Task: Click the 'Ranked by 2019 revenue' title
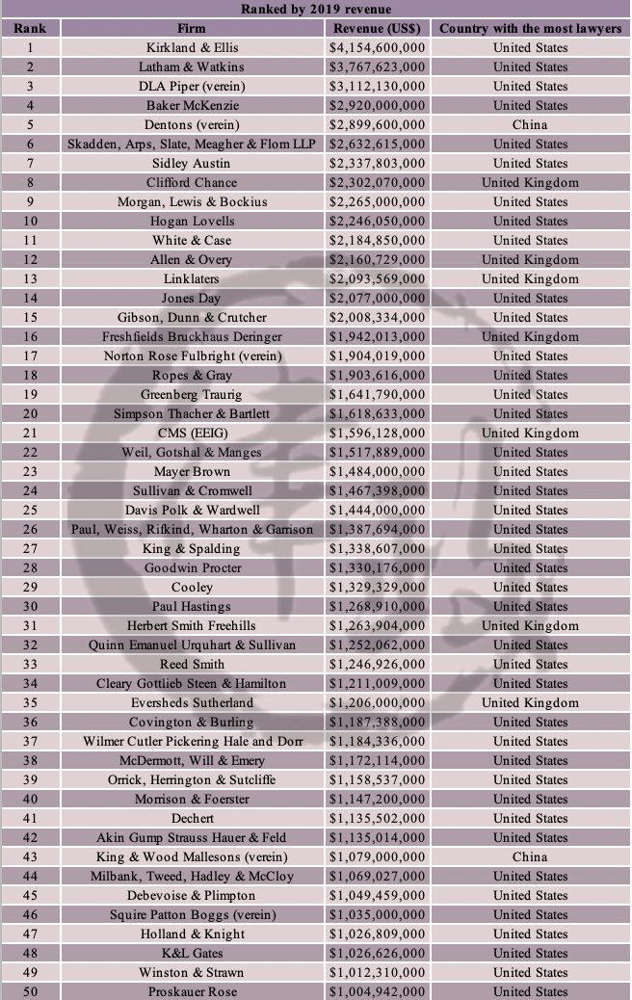pos(315,10)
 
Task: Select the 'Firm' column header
pos(192,28)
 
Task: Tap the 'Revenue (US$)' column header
pos(377,28)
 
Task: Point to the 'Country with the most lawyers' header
pos(530,28)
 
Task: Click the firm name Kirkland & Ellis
pos(192,47)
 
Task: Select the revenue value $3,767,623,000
pos(377,66)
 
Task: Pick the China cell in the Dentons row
pos(530,124)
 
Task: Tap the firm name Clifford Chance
pos(192,182)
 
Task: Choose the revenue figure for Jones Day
pos(377,298)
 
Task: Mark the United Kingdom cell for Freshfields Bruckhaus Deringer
pos(530,336)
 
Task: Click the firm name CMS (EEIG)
pos(192,433)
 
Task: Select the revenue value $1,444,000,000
pos(377,510)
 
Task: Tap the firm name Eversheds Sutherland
pos(192,702)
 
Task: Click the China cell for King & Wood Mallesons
pos(530,856)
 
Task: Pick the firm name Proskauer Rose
pos(192,991)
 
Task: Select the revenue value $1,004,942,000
pos(377,991)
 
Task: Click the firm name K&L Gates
pos(192,953)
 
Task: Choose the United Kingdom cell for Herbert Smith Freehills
pos(530,625)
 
